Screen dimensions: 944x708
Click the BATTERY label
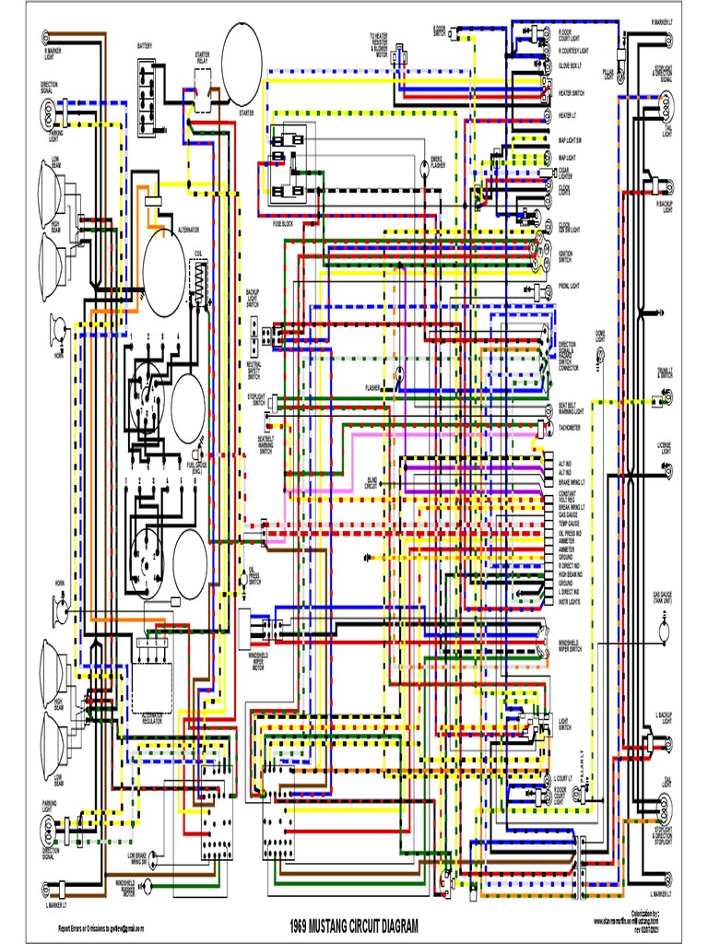(146, 45)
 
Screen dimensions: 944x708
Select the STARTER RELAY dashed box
(201, 88)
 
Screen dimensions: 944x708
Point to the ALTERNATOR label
(188, 227)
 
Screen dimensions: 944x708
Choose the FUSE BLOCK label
(282, 223)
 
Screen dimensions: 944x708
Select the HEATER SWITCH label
(571, 94)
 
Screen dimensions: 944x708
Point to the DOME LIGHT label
(600, 336)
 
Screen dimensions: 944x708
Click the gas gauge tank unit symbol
(663, 632)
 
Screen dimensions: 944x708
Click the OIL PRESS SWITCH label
(254, 576)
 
